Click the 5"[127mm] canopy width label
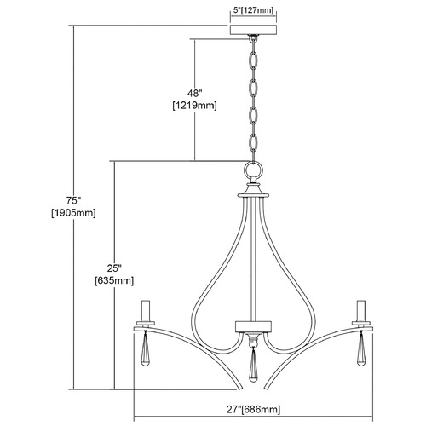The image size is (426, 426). click(253, 10)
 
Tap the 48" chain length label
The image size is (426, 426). click(194, 93)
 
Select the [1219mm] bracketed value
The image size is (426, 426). click(194, 106)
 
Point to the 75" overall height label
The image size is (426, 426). click(73, 201)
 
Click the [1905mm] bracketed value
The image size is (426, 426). click(73, 213)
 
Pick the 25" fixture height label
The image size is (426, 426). click(114, 268)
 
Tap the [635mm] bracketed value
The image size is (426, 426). click(114, 280)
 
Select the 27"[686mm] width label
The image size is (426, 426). click(253, 409)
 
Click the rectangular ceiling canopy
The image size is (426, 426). click(253, 30)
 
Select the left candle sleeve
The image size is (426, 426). click(146, 310)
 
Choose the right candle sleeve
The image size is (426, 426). click(361, 310)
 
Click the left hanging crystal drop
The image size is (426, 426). click(146, 348)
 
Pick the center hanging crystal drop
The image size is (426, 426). click(253, 366)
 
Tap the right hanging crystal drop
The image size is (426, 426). click(361, 348)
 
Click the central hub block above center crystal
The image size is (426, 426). click(253, 326)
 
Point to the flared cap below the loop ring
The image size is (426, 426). click(253, 191)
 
